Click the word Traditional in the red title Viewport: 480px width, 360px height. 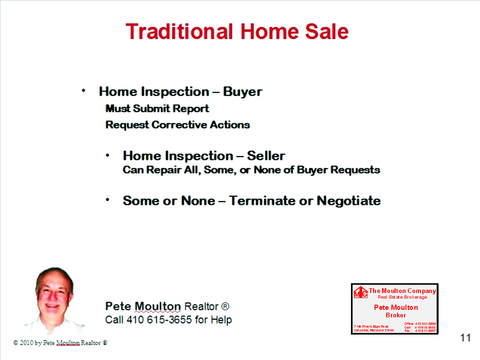(180, 32)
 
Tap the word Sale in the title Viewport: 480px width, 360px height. (327, 32)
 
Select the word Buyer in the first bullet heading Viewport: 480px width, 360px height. (242, 91)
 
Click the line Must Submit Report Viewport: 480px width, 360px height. (157, 109)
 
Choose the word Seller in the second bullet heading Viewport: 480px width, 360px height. (266, 156)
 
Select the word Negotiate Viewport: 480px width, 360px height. (349, 201)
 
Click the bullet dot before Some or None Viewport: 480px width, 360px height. (108, 200)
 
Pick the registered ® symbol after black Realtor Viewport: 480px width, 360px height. (225, 307)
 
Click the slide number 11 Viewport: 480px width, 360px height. (465, 337)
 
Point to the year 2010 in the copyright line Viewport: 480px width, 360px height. (26, 343)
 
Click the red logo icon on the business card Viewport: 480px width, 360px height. (360, 292)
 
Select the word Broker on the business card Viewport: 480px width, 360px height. (396, 315)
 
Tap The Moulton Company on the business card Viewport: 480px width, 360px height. (402, 291)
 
